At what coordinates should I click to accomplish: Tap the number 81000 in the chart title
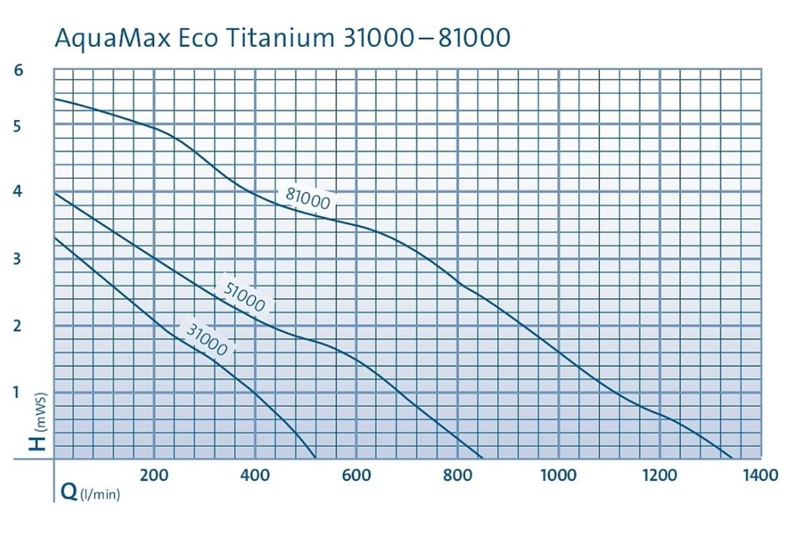[473, 38]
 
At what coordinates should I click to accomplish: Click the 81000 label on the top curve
[307, 198]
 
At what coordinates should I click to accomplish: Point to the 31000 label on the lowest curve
[207, 339]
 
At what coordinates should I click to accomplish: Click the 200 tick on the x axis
[154, 475]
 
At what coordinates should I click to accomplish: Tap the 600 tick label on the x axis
[356, 475]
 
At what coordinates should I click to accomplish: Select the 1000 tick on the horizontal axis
[558, 475]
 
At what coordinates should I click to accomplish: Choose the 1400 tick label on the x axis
[760, 475]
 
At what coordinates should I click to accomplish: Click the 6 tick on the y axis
[19, 70]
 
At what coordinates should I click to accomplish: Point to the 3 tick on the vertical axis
[18, 259]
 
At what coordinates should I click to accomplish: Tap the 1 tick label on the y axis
[17, 391]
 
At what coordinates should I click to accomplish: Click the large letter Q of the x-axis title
[68, 491]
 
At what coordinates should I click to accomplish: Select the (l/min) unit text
[100, 495]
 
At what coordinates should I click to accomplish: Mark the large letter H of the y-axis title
[38, 442]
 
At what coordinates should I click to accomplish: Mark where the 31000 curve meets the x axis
[315, 457]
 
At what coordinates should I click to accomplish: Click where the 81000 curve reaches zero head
[732, 457]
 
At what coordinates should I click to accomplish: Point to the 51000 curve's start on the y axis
[55, 193]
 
